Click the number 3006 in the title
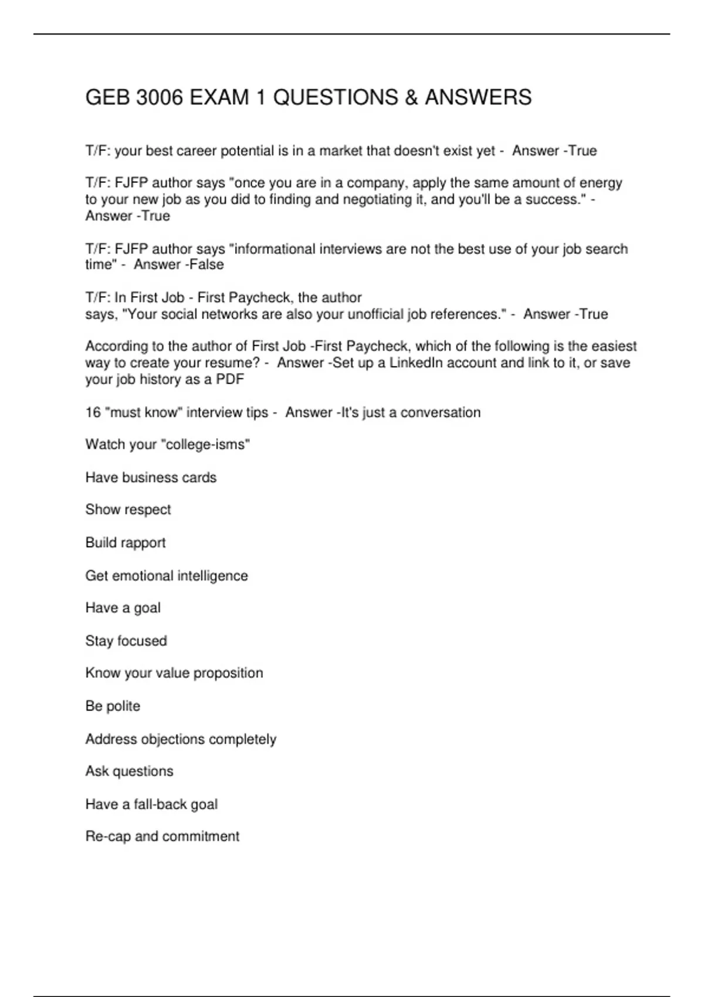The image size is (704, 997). pyautogui.click(x=160, y=97)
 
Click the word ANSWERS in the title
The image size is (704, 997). pyautogui.click(x=478, y=97)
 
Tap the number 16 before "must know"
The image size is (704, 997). pyautogui.click(x=93, y=412)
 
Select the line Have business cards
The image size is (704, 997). pyautogui.click(x=151, y=477)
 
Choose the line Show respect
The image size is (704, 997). pyautogui.click(x=128, y=510)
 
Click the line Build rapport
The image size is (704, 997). pyautogui.click(x=126, y=542)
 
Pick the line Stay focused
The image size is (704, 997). pyautogui.click(x=126, y=640)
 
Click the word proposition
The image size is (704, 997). pyautogui.click(x=228, y=673)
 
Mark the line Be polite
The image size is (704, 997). pyautogui.click(x=113, y=706)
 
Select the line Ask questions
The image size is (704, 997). pyautogui.click(x=129, y=771)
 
